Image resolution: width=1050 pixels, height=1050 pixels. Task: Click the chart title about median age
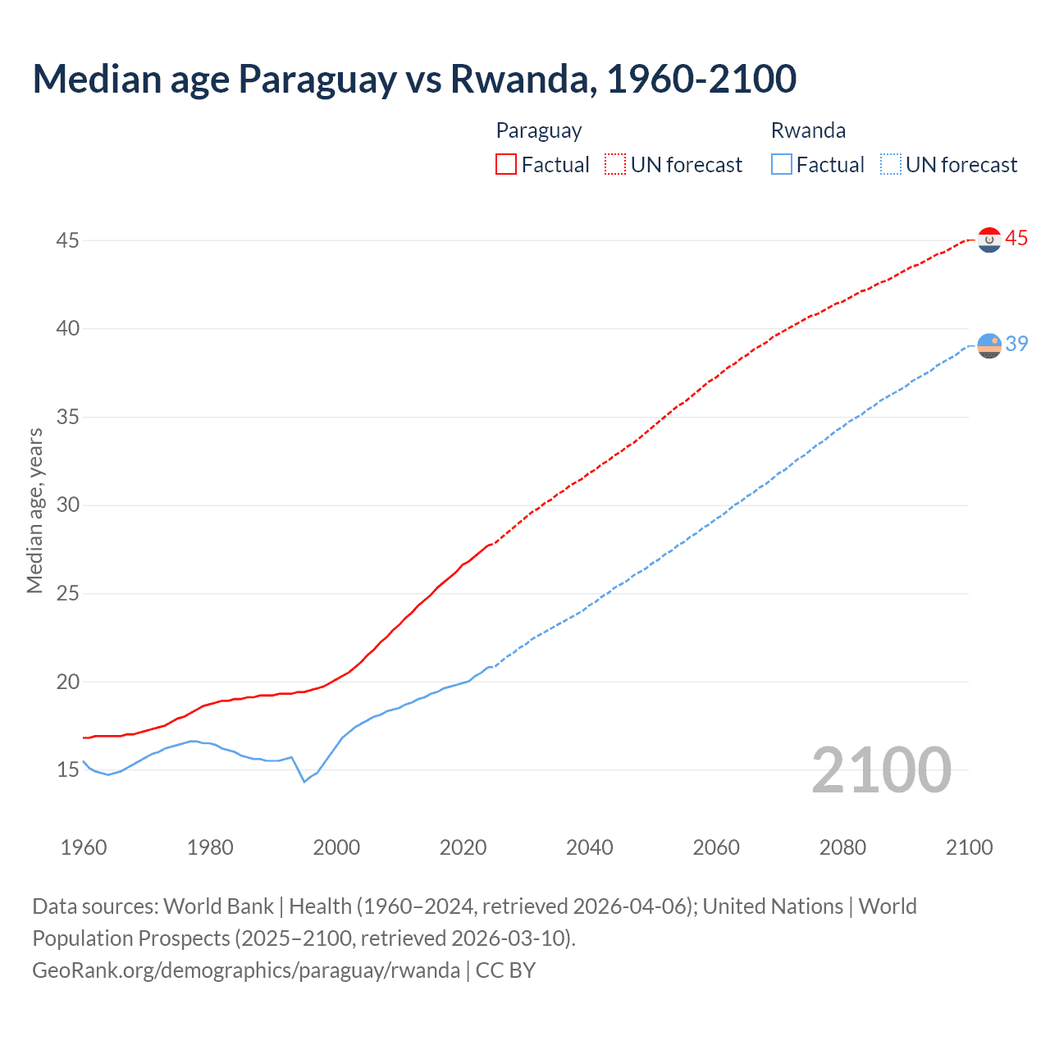pos(414,79)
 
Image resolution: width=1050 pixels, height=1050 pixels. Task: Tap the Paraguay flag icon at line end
pos(989,240)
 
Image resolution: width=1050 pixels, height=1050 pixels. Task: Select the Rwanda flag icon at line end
pos(989,346)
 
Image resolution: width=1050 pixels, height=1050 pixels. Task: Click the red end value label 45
pos(1016,239)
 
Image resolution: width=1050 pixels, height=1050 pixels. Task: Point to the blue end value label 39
pos(1016,345)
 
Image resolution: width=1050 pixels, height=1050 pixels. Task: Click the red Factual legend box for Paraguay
pos(506,165)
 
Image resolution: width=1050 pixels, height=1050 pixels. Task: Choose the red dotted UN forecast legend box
pos(615,165)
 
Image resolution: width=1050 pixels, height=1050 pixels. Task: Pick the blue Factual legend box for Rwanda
pos(782,165)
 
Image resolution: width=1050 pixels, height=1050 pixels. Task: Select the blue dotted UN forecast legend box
pos(890,165)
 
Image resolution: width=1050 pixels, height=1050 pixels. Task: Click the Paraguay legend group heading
pos(539,131)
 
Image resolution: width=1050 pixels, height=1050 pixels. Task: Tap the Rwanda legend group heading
pos(808,131)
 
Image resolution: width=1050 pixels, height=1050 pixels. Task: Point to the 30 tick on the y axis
pos(68,505)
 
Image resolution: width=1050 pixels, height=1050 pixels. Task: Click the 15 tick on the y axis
pos(68,770)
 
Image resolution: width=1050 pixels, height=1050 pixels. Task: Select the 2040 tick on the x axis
pos(589,847)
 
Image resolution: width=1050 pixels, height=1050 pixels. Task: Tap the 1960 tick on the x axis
pos(84,847)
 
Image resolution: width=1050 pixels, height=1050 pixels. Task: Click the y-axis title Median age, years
pos(34,510)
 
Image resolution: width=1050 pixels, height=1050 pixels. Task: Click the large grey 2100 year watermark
pos(881,771)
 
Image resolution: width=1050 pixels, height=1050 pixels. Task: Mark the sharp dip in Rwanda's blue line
pos(304,781)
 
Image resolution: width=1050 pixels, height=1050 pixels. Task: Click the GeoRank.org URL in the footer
pos(246,970)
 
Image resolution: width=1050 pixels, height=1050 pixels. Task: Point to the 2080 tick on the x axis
pos(842,847)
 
